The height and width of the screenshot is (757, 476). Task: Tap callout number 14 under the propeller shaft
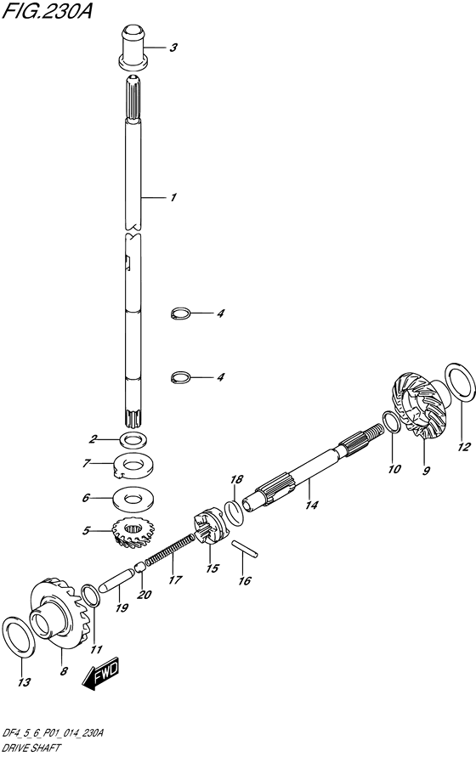309,506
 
